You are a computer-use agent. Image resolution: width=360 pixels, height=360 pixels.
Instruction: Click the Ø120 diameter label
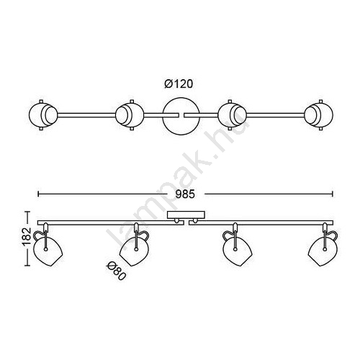[179, 84]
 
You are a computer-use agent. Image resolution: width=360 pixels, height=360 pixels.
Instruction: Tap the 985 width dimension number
[185, 194]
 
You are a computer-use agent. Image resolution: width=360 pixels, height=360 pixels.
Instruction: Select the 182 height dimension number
[27, 236]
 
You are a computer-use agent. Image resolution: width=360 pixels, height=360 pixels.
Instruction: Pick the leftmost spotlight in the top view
[43, 115]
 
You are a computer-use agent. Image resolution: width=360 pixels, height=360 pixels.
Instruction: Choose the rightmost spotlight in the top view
[319, 115]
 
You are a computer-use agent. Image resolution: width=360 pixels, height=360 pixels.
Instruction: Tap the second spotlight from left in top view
[130, 115]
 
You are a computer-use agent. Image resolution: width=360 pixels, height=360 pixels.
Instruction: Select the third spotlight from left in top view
[233, 115]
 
